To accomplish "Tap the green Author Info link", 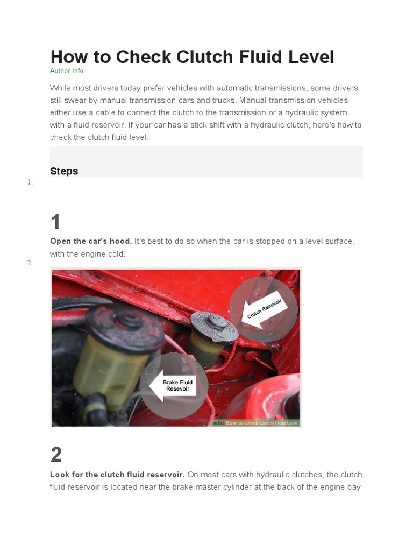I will point(67,71).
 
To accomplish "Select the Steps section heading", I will point(64,171).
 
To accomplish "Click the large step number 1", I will point(56,222).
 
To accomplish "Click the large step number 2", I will point(56,455).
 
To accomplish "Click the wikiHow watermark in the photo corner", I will point(256,423).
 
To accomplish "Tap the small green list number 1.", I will point(30,182).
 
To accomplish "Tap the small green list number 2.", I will point(30,263).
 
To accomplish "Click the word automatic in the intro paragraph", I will point(233,88).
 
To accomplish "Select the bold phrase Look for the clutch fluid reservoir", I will point(117,475).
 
